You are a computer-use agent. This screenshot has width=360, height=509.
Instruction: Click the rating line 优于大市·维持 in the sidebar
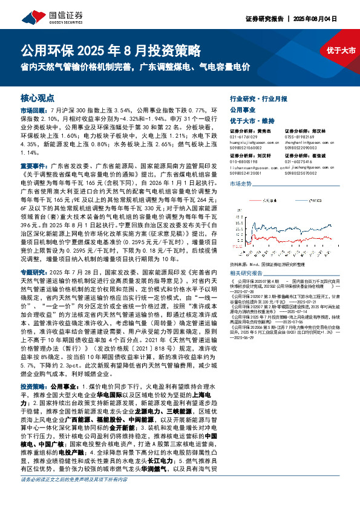click(x=252, y=120)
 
